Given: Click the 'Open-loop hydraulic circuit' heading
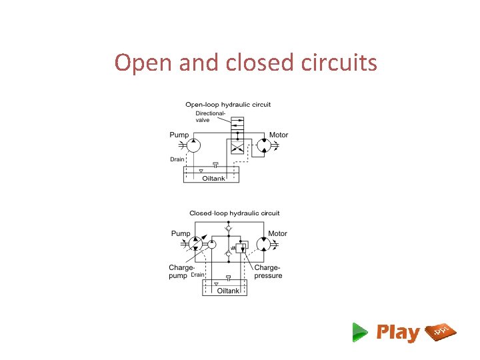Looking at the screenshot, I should (228, 104).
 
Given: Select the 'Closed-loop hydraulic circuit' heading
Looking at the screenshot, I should (235, 213).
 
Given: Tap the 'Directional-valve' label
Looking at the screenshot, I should (210, 117).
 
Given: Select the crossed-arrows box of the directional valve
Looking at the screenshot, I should (237, 147).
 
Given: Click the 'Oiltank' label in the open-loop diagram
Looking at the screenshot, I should (214, 178).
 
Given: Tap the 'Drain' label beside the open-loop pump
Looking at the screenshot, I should (177, 160).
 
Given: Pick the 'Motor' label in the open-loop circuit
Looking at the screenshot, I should (279, 135).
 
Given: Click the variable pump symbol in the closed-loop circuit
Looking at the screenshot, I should (197, 244).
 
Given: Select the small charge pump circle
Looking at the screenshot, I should (212, 245).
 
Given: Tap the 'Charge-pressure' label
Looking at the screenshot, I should (268, 272).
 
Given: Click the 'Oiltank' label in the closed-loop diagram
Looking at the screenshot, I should (228, 291).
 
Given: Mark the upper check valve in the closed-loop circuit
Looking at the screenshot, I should (228, 229).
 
